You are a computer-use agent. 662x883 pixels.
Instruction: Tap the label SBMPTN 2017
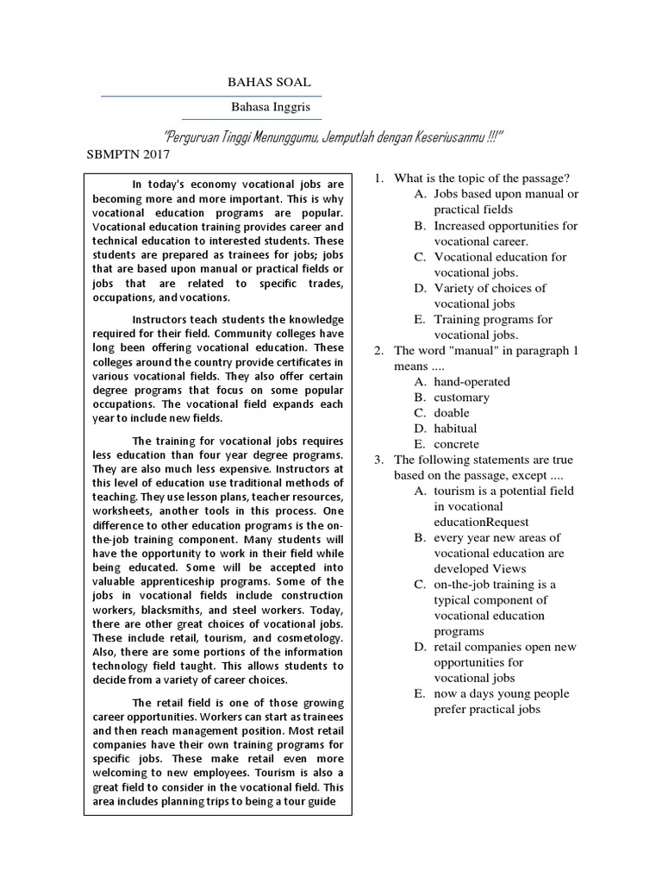129,155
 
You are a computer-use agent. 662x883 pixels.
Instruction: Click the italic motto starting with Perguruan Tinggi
333,138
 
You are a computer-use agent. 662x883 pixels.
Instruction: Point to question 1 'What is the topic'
482,178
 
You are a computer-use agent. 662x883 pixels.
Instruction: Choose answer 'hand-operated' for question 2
472,381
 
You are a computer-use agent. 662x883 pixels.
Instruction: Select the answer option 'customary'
461,397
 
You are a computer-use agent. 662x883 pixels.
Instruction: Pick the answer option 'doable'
452,412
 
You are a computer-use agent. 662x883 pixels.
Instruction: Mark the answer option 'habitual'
455,428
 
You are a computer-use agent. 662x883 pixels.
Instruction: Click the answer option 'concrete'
457,443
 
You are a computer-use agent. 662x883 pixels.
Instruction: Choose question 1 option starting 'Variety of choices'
490,288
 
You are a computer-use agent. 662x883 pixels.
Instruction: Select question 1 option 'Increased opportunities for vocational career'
505,226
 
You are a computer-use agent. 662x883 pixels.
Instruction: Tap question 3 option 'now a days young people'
502,694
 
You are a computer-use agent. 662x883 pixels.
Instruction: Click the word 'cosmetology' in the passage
306,638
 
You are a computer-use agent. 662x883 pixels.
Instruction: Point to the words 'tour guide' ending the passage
307,802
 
